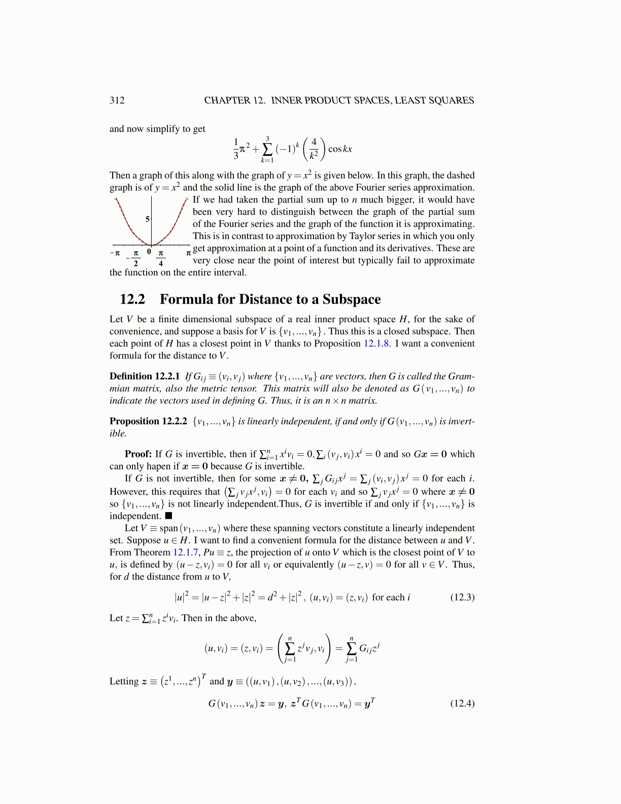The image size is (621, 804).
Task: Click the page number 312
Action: point(117,100)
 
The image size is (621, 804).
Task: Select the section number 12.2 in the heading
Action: point(132,299)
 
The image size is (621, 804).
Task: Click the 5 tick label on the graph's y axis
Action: point(148,219)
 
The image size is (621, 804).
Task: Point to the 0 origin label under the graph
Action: point(149,251)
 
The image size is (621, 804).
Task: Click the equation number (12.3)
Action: point(462,597)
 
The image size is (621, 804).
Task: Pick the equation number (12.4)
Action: point(462,703)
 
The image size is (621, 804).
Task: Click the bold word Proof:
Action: point(139,454)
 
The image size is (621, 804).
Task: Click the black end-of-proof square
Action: point(168,516)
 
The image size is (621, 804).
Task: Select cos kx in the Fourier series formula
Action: point(340,149)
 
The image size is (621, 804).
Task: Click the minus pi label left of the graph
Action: point(115,252)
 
